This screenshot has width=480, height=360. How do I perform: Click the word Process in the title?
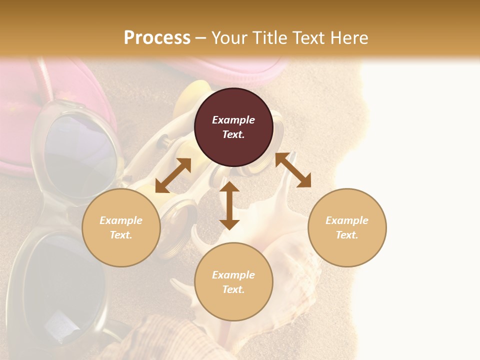click(157, 38)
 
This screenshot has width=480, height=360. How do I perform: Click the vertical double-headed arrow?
click(229, 205)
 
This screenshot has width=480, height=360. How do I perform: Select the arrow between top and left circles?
click(173, 175)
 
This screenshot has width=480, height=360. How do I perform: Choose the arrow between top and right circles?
click(293, 170)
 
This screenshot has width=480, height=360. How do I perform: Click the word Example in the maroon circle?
click(233, 120)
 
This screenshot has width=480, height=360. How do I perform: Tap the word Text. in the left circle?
click(121, 235)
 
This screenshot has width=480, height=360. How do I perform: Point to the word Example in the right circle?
click(347, 220)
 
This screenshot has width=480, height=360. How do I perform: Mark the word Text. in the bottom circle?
click(233, 289)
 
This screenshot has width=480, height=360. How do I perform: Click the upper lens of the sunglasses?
click(80, 155)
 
